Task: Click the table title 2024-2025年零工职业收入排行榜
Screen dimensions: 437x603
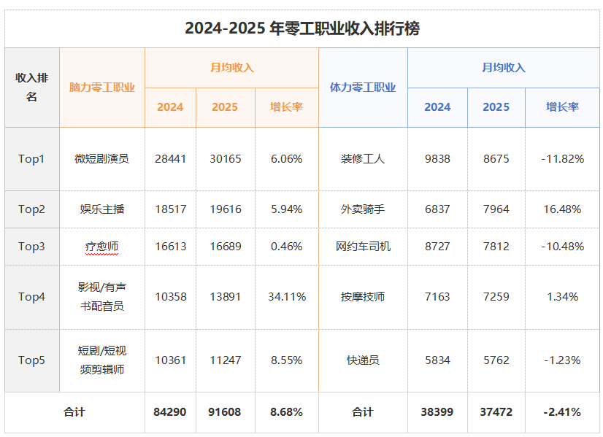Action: point(301,28)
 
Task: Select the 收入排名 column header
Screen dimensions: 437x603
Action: point(32,88)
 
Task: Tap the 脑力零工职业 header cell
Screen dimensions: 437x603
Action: point(102,88)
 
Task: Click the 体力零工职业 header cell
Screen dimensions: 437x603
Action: point(363,88)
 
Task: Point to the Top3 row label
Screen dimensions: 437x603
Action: point(32,247)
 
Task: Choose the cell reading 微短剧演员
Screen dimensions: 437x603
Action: point(102,158)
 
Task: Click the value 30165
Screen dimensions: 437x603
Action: point(226,158)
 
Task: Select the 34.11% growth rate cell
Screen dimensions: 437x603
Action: point(286,297)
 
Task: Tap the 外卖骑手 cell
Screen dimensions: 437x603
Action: point(363,209)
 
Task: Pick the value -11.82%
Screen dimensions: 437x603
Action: point(563,158)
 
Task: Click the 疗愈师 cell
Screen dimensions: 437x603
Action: point(102,247)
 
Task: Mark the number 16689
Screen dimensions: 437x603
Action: point(226,247)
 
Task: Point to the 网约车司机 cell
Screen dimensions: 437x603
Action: point(363,247)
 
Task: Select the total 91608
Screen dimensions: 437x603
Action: point(226,412)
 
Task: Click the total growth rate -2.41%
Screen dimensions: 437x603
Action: point(563,412)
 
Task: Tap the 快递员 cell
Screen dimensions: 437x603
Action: point(363,360)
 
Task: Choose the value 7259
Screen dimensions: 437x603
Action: point(496,297)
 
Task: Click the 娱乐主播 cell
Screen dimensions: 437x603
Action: point(102,209)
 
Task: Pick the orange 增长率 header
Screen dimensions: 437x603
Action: point(286,107)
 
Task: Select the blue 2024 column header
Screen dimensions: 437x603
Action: point(437,107)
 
